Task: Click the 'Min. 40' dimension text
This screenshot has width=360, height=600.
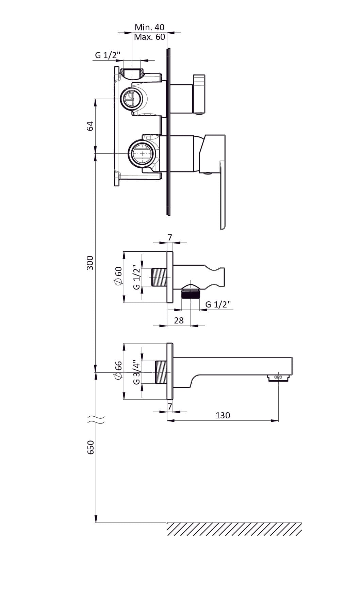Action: pos(149,27)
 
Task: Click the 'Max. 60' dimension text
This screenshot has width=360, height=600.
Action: pos(149,37)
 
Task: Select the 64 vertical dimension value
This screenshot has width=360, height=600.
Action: pos(90,126)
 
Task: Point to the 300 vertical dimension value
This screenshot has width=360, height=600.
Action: pos(90,263)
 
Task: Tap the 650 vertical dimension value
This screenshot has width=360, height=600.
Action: pos(91,447)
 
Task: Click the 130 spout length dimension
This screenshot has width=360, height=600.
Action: pos(223,415)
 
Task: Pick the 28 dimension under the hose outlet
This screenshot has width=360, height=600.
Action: pos(179,320)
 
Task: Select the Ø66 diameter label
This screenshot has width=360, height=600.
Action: pos(118,370)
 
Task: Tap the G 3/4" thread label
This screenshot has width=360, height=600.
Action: pos(136,372)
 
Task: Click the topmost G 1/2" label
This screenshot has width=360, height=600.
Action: pos(108,55)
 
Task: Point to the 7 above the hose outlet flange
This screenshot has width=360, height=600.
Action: pos(170,238)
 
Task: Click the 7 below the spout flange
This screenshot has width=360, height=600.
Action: pos(170,406)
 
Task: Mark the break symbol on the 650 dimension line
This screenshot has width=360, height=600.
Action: pos(96,419)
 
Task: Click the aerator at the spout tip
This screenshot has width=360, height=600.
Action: pos(278,378)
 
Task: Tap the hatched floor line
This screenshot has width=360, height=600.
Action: pos(234,529)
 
